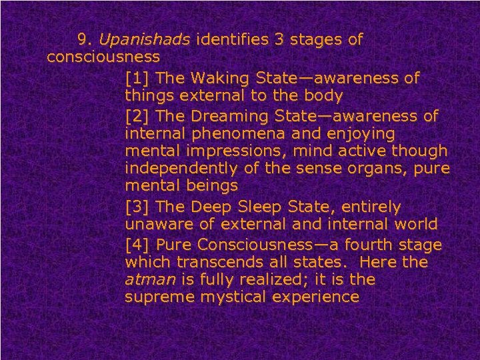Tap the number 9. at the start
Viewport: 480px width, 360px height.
tap(85, 40)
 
